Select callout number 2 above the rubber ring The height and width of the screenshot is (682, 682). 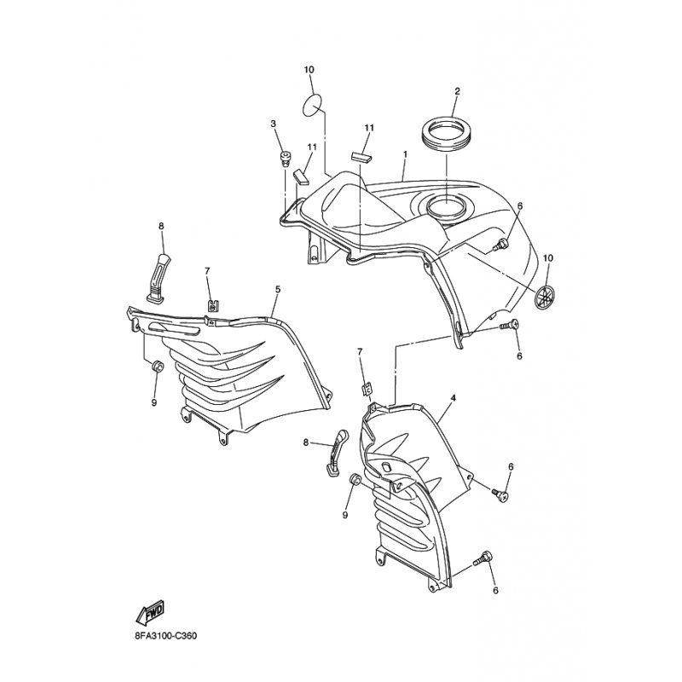pyautogui.click(x=457, y=91)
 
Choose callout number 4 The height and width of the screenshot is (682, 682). pyautogui.click(x=453, y=397)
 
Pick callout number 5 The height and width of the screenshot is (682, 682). pyautogui.click(x=278, y=290)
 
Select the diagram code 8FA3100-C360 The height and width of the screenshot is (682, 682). pyautogui.click(x=165, y=635)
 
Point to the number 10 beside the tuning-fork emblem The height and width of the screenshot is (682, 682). pyautogui.click(x=548, y=257)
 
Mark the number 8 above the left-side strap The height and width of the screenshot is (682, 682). pyautogui.click(x=159, y=226)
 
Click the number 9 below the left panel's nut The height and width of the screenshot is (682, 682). pyautogui.click(x=154, y=402)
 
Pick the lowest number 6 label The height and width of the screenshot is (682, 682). pyautogui.click(x=494, y=590)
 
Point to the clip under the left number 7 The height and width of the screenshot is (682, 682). pyautogui.click(x=211, y=303)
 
